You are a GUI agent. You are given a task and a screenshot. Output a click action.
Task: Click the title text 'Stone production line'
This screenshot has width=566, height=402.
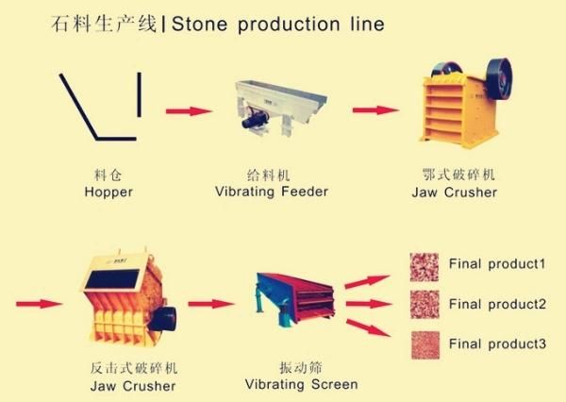coord(278,24)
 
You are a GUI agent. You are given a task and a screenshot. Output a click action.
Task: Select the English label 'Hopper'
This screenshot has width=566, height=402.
coord(108,193)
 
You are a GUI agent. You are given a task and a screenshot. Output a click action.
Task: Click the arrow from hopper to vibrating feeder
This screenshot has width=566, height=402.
coord(189,111)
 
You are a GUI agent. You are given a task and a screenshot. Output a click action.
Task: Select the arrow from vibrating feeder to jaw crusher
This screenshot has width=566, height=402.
coord(375,110)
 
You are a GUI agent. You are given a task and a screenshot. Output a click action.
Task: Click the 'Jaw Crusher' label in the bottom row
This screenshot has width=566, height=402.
coord(133,385)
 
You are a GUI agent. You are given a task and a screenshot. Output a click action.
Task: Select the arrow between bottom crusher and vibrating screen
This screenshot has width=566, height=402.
coord(210,304)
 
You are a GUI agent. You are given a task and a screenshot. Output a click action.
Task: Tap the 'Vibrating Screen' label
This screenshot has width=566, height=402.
coord(301,385)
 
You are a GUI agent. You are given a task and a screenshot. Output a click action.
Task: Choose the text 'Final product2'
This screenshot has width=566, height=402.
coord(497,304)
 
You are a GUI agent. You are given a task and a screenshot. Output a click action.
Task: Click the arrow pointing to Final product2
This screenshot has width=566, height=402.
coord(368,304)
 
